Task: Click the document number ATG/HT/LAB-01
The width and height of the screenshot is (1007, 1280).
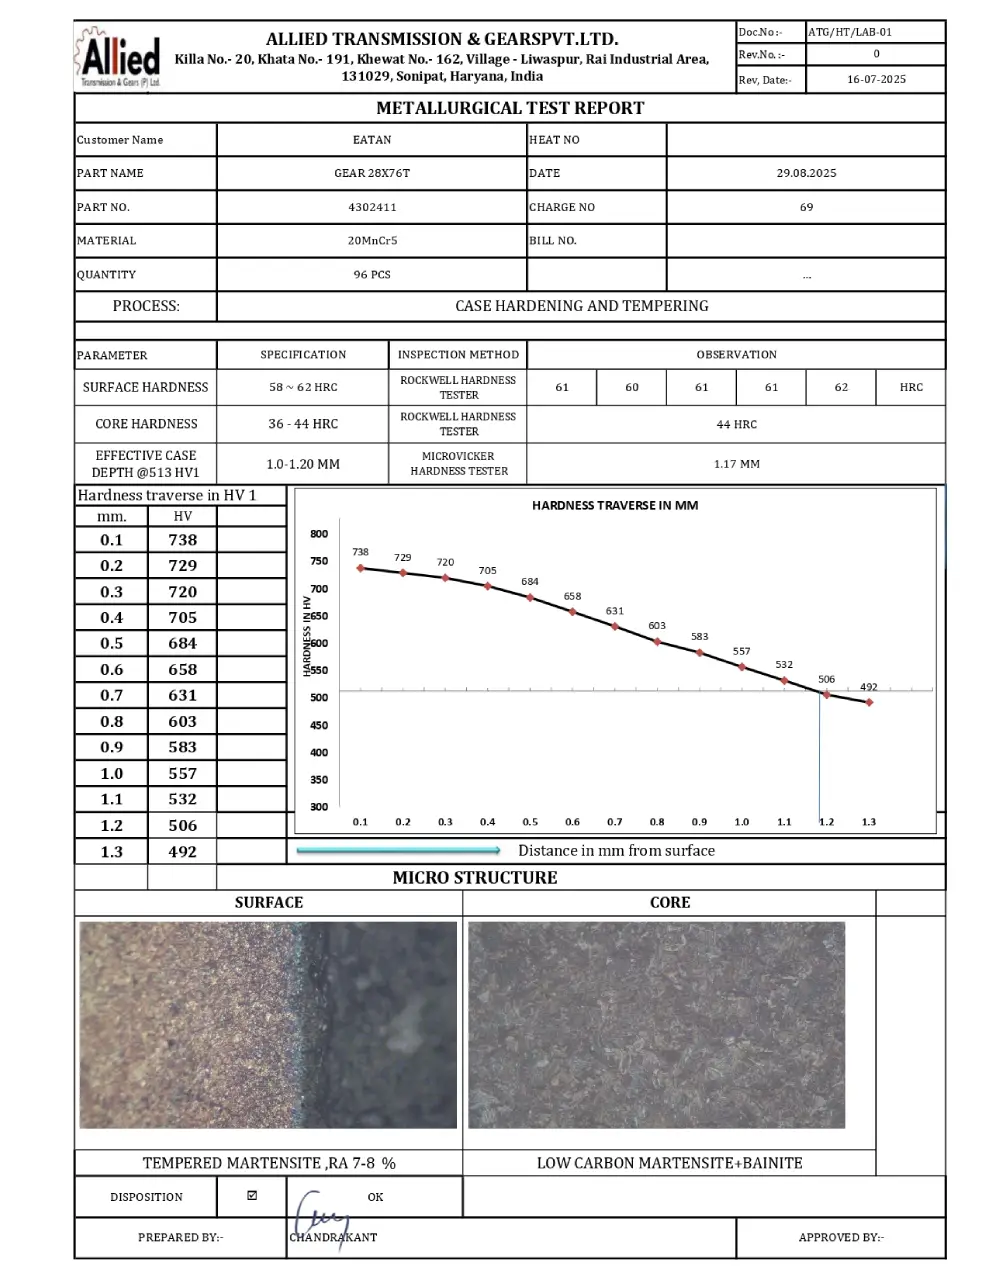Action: click(x=849, y=32)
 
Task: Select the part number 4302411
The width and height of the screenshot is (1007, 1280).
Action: click(x=372, y=207)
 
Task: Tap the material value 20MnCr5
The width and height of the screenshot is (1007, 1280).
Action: click(x=372, y=241)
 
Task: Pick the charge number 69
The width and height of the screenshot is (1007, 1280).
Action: click(x=806, y=207)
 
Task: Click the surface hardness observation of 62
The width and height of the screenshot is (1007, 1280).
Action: click(x=841, y=387)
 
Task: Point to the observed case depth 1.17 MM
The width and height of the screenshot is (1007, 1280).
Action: click(x=736, y=464)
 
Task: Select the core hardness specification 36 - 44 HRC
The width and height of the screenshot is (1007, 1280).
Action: click(x=303, y=424)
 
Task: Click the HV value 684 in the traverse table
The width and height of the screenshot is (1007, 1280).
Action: click(x=182, y=643)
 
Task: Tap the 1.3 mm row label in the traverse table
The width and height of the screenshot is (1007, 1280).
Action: click(x=111, y=852)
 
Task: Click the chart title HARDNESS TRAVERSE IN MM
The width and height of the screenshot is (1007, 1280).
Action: click(x=615, y=506)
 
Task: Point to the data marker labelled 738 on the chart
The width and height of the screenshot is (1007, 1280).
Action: click(x=360, y=568)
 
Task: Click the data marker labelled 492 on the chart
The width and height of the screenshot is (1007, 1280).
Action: click(x=869, y=702)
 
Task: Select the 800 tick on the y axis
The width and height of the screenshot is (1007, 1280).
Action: click(x=318, y=534)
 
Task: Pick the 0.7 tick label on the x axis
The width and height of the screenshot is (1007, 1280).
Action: click(x=614, y=822)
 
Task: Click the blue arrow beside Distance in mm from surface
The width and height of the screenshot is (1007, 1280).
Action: click(x=399, y=851)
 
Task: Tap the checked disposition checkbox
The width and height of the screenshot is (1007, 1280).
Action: click(x=252, y=1195)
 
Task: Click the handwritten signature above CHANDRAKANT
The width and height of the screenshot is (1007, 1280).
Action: click(x=320, y=1213)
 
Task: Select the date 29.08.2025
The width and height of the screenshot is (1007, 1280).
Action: click(x=806, y=173)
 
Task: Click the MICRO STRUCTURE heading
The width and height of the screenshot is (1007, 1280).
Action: click(x=475, y=878)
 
